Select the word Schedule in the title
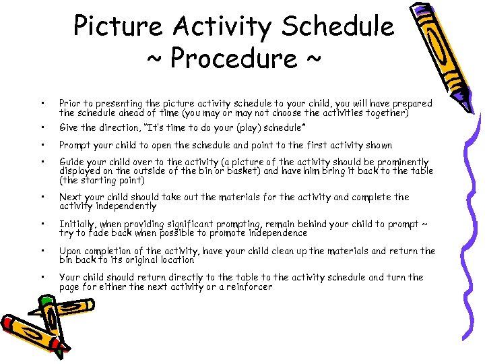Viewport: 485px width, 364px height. pyautogui.click(x=338, y=26)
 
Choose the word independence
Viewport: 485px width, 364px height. pyautogui.click(x=276, y=233)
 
